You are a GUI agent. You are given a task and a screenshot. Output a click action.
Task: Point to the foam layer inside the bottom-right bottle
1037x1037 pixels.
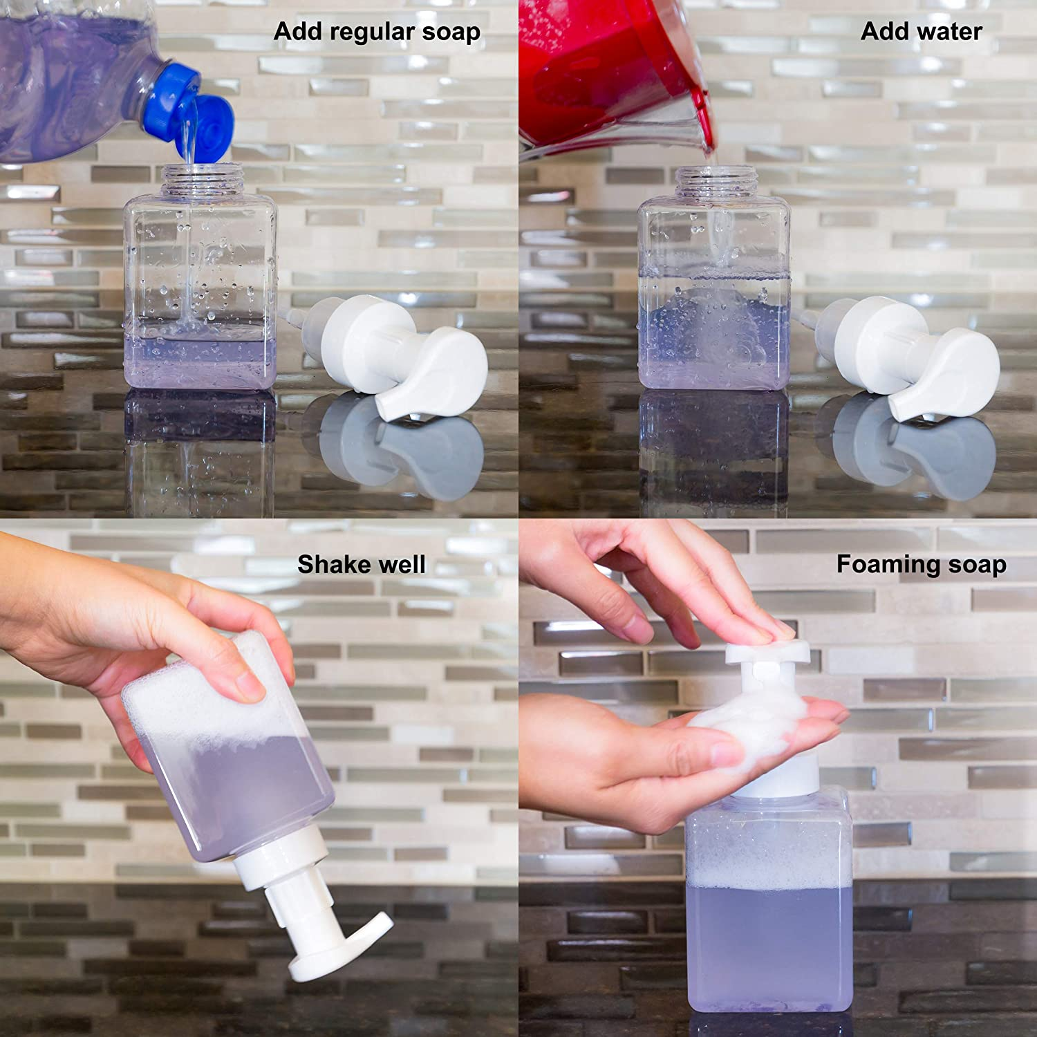(x=767, y=871)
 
